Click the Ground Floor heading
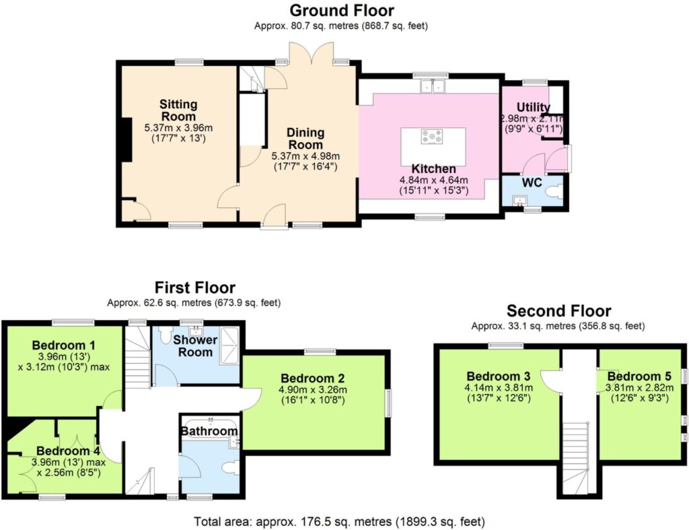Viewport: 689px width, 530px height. tap(342, 10)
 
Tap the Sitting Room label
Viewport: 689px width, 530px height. tap(178, 110)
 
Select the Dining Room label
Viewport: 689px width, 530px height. tap(305, 139)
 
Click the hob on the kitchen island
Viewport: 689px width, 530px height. tap(433, 136)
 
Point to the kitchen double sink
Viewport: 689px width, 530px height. tap(433, 86)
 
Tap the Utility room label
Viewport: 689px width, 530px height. tap(534, 107)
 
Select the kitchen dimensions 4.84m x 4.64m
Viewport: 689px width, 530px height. tap(433, 180)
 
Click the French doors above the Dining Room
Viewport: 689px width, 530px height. tap(311, 53)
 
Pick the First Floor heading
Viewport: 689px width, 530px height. tap(195, 288)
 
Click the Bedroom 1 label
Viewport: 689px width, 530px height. tap(63, 345)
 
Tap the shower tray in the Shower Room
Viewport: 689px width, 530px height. tap(230, 346)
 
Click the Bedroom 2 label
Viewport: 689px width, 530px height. tap(312, 378)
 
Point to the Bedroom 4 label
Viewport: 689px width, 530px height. tap(68, 451)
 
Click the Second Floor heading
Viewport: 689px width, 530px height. tap(558, 311)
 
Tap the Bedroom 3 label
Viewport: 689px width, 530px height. tap(499, 376)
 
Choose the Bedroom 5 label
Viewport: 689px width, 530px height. tap(639, 376)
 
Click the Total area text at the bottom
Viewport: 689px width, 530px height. tap(339, 522)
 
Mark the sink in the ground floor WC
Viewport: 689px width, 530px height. tap(521, 201)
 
